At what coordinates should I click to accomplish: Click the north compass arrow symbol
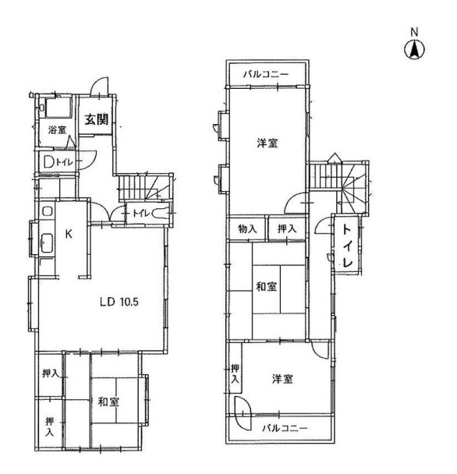[x=414, y=50]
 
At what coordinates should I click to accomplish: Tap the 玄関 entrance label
[x=96, y=119]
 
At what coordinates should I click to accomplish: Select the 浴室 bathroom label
[x=57, y=130]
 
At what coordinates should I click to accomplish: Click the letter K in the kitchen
[x=69, y=233]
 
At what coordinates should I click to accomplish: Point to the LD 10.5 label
[x=119, y=302]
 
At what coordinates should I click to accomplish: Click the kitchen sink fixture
[x=47, y=242]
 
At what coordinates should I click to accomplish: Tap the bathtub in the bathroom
[x=58, y=107]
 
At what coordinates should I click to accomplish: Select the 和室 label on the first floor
[x=108, y=401]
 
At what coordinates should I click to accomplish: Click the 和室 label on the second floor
[x=266, y=286]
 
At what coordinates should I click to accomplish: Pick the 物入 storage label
[x=247, y=229]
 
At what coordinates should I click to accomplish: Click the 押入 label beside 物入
[x=287, y=229]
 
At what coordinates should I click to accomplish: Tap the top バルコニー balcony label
[x=267, y=74]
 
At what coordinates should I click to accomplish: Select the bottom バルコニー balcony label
[x=285, y=428]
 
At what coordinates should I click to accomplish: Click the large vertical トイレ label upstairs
[x=348, y=246]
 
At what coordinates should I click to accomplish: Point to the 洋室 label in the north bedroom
[x=267, y=143]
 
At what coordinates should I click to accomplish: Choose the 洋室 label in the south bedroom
[x=282, y=378]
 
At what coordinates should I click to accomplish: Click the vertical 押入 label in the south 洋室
[x=235, y=374]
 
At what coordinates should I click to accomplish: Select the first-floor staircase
[x=144, y=188]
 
